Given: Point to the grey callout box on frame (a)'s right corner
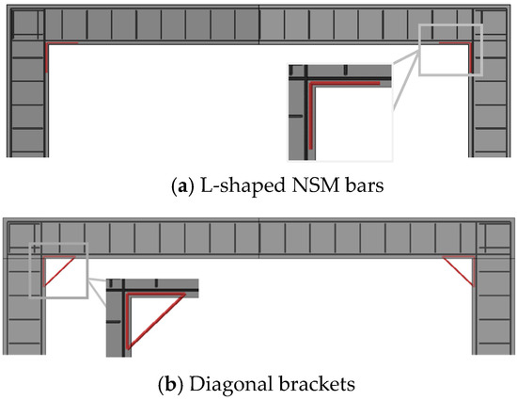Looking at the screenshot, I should (449, 51).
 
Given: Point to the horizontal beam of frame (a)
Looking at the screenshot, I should (258, 25).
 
